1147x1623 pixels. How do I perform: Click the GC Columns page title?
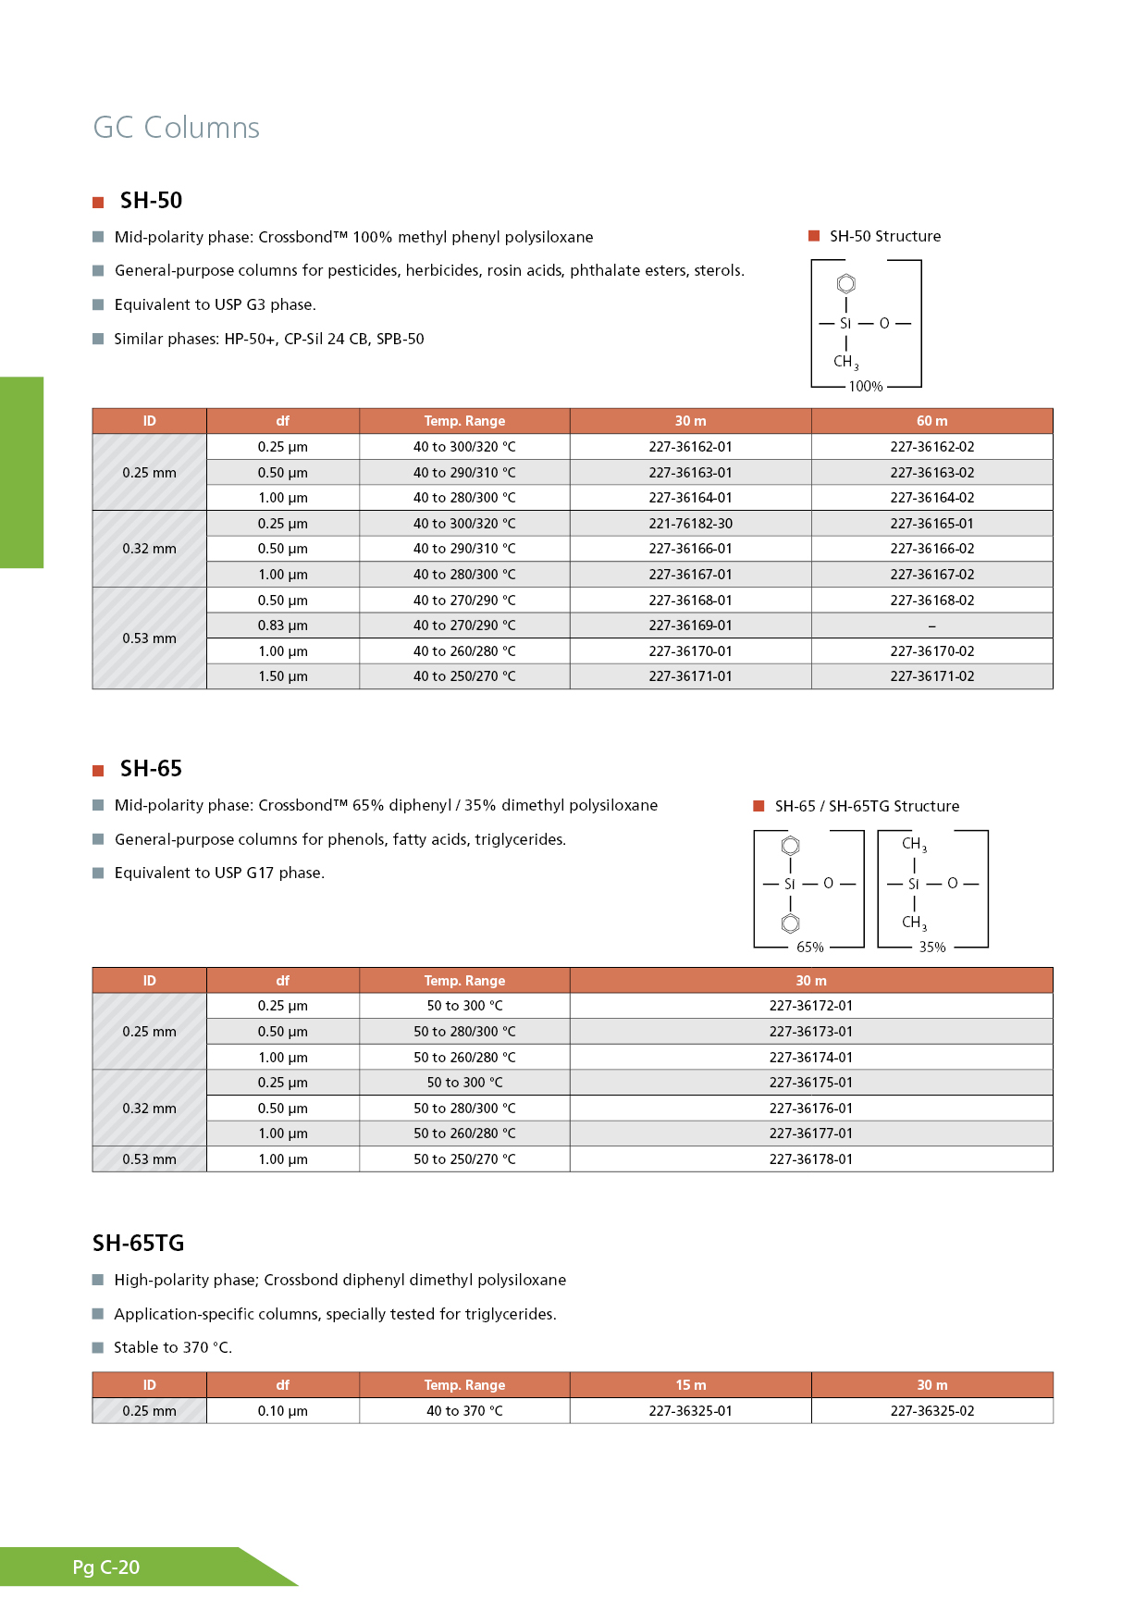point(176,128)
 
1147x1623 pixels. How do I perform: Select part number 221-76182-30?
point(690,524)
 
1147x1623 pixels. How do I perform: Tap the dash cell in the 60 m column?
point(931,626)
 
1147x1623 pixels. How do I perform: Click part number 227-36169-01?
point(690,626)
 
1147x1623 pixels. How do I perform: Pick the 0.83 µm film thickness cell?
point(282,626)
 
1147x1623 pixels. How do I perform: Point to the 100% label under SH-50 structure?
point(866,387)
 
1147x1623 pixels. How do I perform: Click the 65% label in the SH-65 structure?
point(809,948)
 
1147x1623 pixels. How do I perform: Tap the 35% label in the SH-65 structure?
point(931,948)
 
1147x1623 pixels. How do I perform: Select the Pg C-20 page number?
point(106,1567)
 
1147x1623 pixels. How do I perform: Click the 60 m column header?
point(931,421)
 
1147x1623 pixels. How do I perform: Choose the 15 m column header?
point(690,1385)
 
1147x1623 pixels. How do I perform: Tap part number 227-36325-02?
point(931,1411)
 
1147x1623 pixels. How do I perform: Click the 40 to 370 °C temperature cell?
point(464,1411)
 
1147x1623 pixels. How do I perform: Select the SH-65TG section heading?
point(139,1244)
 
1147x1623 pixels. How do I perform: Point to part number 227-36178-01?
point(810,1159)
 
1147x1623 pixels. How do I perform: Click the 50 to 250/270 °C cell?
point(464,1159)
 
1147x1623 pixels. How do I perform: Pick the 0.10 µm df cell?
point(282,1411)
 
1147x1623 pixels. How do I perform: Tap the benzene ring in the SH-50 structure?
point(845,283)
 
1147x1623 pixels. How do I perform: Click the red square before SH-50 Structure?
point(814,236)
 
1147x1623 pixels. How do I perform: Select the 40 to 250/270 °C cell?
point(464,676)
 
